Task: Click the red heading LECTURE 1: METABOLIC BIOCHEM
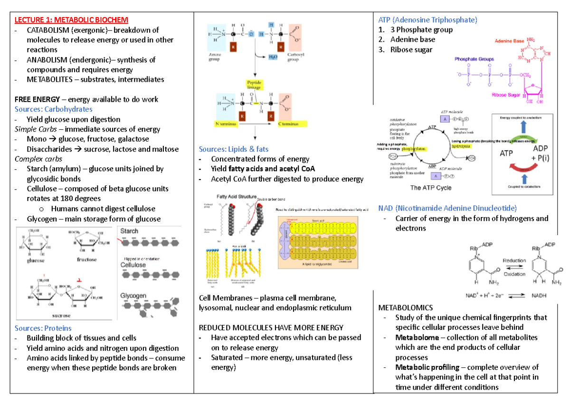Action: click(x=71, y=19)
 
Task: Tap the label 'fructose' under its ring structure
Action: click(x=86, y=259)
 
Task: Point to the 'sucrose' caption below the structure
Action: click(x=60, y=316)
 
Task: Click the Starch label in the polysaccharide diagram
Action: click(x=129, y=231)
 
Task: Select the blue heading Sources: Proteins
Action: click(x=43, y=328)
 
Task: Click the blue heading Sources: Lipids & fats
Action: click(x=234, y=149)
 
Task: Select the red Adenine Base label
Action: click(x=509, y=41)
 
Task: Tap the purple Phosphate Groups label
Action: click(x=474, y=59)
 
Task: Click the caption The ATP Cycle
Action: click(x=430, y=187)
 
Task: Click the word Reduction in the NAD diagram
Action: click(x=514, y=261)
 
